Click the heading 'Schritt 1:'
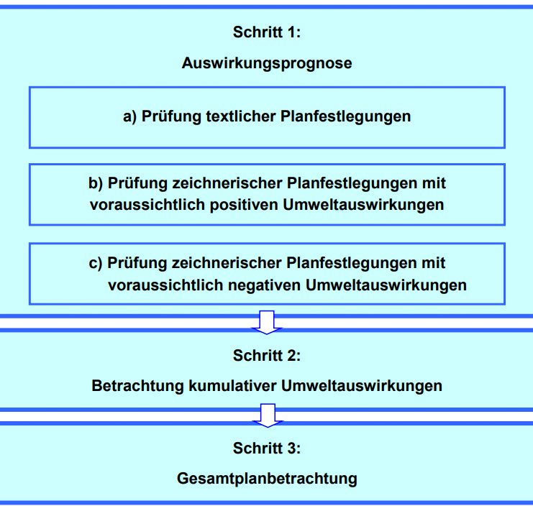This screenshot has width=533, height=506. tap(267, 32)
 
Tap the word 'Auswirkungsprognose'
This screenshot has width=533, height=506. tap(267, 63)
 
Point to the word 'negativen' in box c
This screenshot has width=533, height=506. tap(265, 285)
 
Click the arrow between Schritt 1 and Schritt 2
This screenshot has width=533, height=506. tap(267, 322)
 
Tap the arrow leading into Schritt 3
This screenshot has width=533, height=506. tap(268, 415)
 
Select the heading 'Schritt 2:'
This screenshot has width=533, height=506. tap(267, 356)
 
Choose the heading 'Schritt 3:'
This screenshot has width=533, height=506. tap(267, 448)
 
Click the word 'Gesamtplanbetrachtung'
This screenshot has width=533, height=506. tap(267, 479)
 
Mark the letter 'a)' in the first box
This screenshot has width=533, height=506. tap(130, 116)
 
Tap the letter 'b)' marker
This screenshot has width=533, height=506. tap(96, 183)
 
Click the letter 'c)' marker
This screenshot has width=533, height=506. tap(96, 263)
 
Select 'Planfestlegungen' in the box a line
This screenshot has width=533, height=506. tap(345, 116)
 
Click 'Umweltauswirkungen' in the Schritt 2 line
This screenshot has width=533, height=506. tap(362, 386)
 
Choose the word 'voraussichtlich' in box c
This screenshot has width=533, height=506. tap(166, 285)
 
